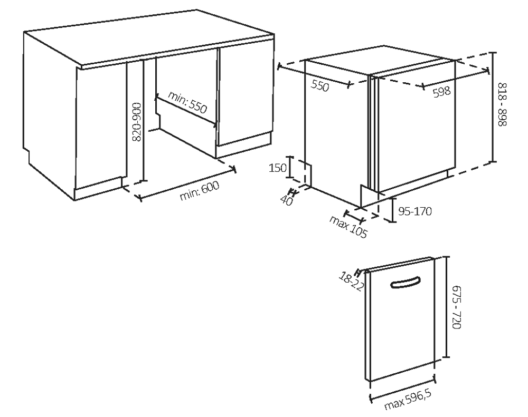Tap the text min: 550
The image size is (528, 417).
(x=187, y=103)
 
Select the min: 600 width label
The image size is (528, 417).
(x=200, y=190)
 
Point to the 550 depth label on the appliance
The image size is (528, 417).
(x=319, y=86)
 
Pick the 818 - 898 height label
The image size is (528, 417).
(x=502, y=104)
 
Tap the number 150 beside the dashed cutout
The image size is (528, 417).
(x=278, y=168)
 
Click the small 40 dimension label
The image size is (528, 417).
(x=287, y=201)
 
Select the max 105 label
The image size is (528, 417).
(x=348, y=227)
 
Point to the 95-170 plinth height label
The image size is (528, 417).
(x=415, y=211)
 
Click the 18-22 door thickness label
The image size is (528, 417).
(x=352, y=282)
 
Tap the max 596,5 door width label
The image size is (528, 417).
(x=408, y=400)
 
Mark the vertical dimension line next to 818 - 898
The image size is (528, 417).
(x=493, y=107)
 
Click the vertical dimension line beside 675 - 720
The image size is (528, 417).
(x=447, y=307)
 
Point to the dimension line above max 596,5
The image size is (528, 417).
(x=403, y=390)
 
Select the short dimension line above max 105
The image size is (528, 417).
(x=354, y=217)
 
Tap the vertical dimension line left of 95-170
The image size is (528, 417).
(x=392, y=210)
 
